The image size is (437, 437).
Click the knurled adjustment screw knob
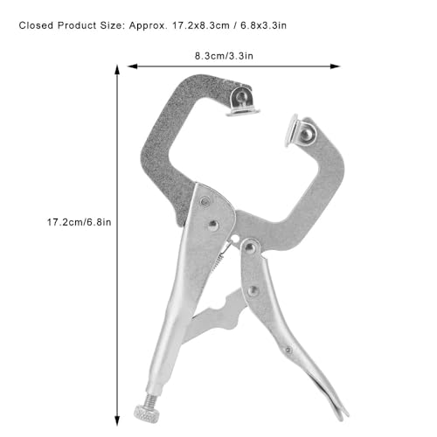pyautogui.click(x=147, y=413)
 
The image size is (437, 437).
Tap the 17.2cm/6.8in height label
pyautogui.click(x=80, y=222)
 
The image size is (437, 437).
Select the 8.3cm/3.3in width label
pyautogui.click(x=224, y=56)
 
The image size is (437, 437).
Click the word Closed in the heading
pyautogui.click(x=36, y=25)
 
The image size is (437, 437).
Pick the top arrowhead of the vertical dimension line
pyautogui.click(x=117, y=71)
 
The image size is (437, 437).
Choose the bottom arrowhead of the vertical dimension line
pyautogui.click(x=117, y=420)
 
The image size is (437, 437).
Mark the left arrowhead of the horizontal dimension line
pyautogui.click(x=133, y=66)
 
